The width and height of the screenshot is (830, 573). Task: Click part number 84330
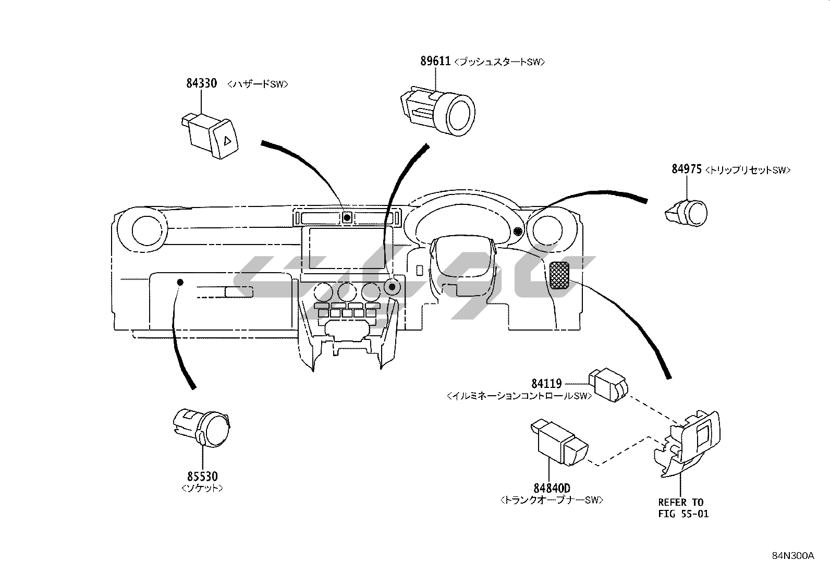click(202, 83)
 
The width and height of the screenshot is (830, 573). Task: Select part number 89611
click(435, 61)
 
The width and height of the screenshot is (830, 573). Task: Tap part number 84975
click(687, 169)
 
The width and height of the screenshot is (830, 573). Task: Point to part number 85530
click(202, 476)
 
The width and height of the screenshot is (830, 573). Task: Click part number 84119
click(546, 383)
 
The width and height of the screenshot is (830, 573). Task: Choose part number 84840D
click(552, 488)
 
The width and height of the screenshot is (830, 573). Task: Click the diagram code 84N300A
click(793, 556)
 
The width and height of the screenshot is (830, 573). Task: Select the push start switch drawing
click(438, 110)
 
